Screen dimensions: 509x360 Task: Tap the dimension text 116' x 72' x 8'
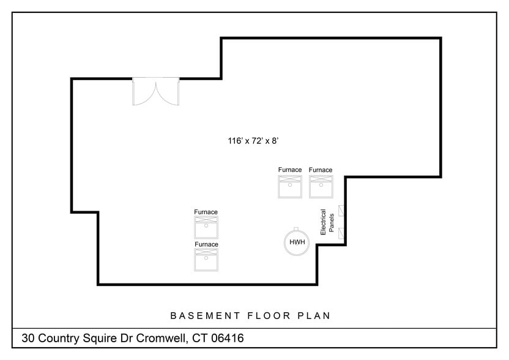[x=253, y=141]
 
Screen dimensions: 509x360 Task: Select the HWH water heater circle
[x=296, y=242]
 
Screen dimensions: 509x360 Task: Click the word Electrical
[x=323, y=222]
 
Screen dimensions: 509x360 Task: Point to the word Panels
[x=332, y=223]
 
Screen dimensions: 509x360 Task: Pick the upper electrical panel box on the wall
[x=341, y=211]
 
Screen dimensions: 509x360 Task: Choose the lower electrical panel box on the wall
[x=341, y=233]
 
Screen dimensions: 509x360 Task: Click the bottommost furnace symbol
[x=206, y=260]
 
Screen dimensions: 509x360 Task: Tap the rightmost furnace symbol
[x=321, y=187]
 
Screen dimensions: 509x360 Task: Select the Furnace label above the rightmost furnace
[x=321, y=170]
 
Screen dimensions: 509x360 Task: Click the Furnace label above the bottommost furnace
[x=206, y=244]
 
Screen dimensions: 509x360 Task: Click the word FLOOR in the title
[x=269, y=315]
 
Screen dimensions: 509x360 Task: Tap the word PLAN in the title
[x=314, y=315]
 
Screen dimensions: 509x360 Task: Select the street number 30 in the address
[x=28, y=338]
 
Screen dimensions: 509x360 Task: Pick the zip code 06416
[x=227, y=338]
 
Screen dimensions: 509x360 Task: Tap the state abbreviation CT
[x=199, y=338]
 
